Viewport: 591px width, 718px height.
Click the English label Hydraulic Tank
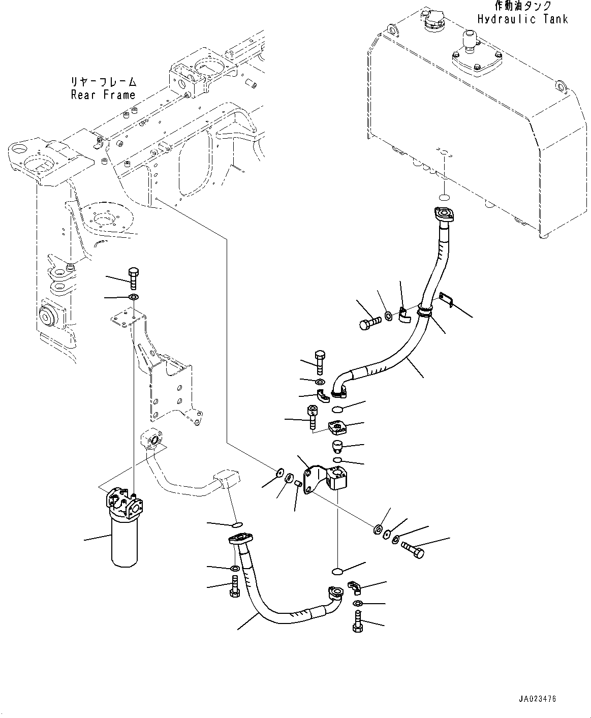click(x=523, y=19)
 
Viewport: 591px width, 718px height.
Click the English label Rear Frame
click(x=103, y=95)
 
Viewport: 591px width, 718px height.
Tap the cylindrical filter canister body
click(x=125, y=545)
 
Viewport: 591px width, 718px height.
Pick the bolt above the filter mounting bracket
click(x=133, y=278)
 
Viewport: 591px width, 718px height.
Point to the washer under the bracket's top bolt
click(x=133, y=297)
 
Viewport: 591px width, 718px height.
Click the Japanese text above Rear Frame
click(x=104, y=82)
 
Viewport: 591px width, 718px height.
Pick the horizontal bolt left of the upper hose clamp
click(x=370, y=322)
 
